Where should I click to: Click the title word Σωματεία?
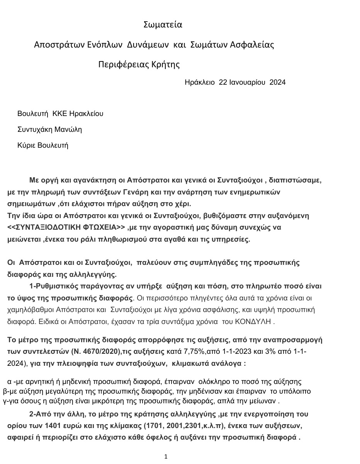(163, 25)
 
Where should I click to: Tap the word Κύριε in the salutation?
(26, 145)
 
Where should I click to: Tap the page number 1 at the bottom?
(166, 457)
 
